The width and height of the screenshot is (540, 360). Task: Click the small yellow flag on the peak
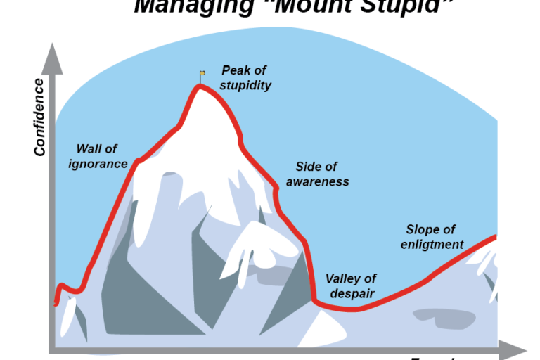point(202,72)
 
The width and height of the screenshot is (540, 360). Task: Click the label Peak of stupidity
point(245,77)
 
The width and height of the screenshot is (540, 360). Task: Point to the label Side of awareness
point(316,174)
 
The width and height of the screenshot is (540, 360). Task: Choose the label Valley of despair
point(350,286)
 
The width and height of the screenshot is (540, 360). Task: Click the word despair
point(350,294)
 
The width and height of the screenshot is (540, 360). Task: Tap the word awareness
point(316,181)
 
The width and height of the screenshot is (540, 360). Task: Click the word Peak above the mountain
point(235,70)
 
